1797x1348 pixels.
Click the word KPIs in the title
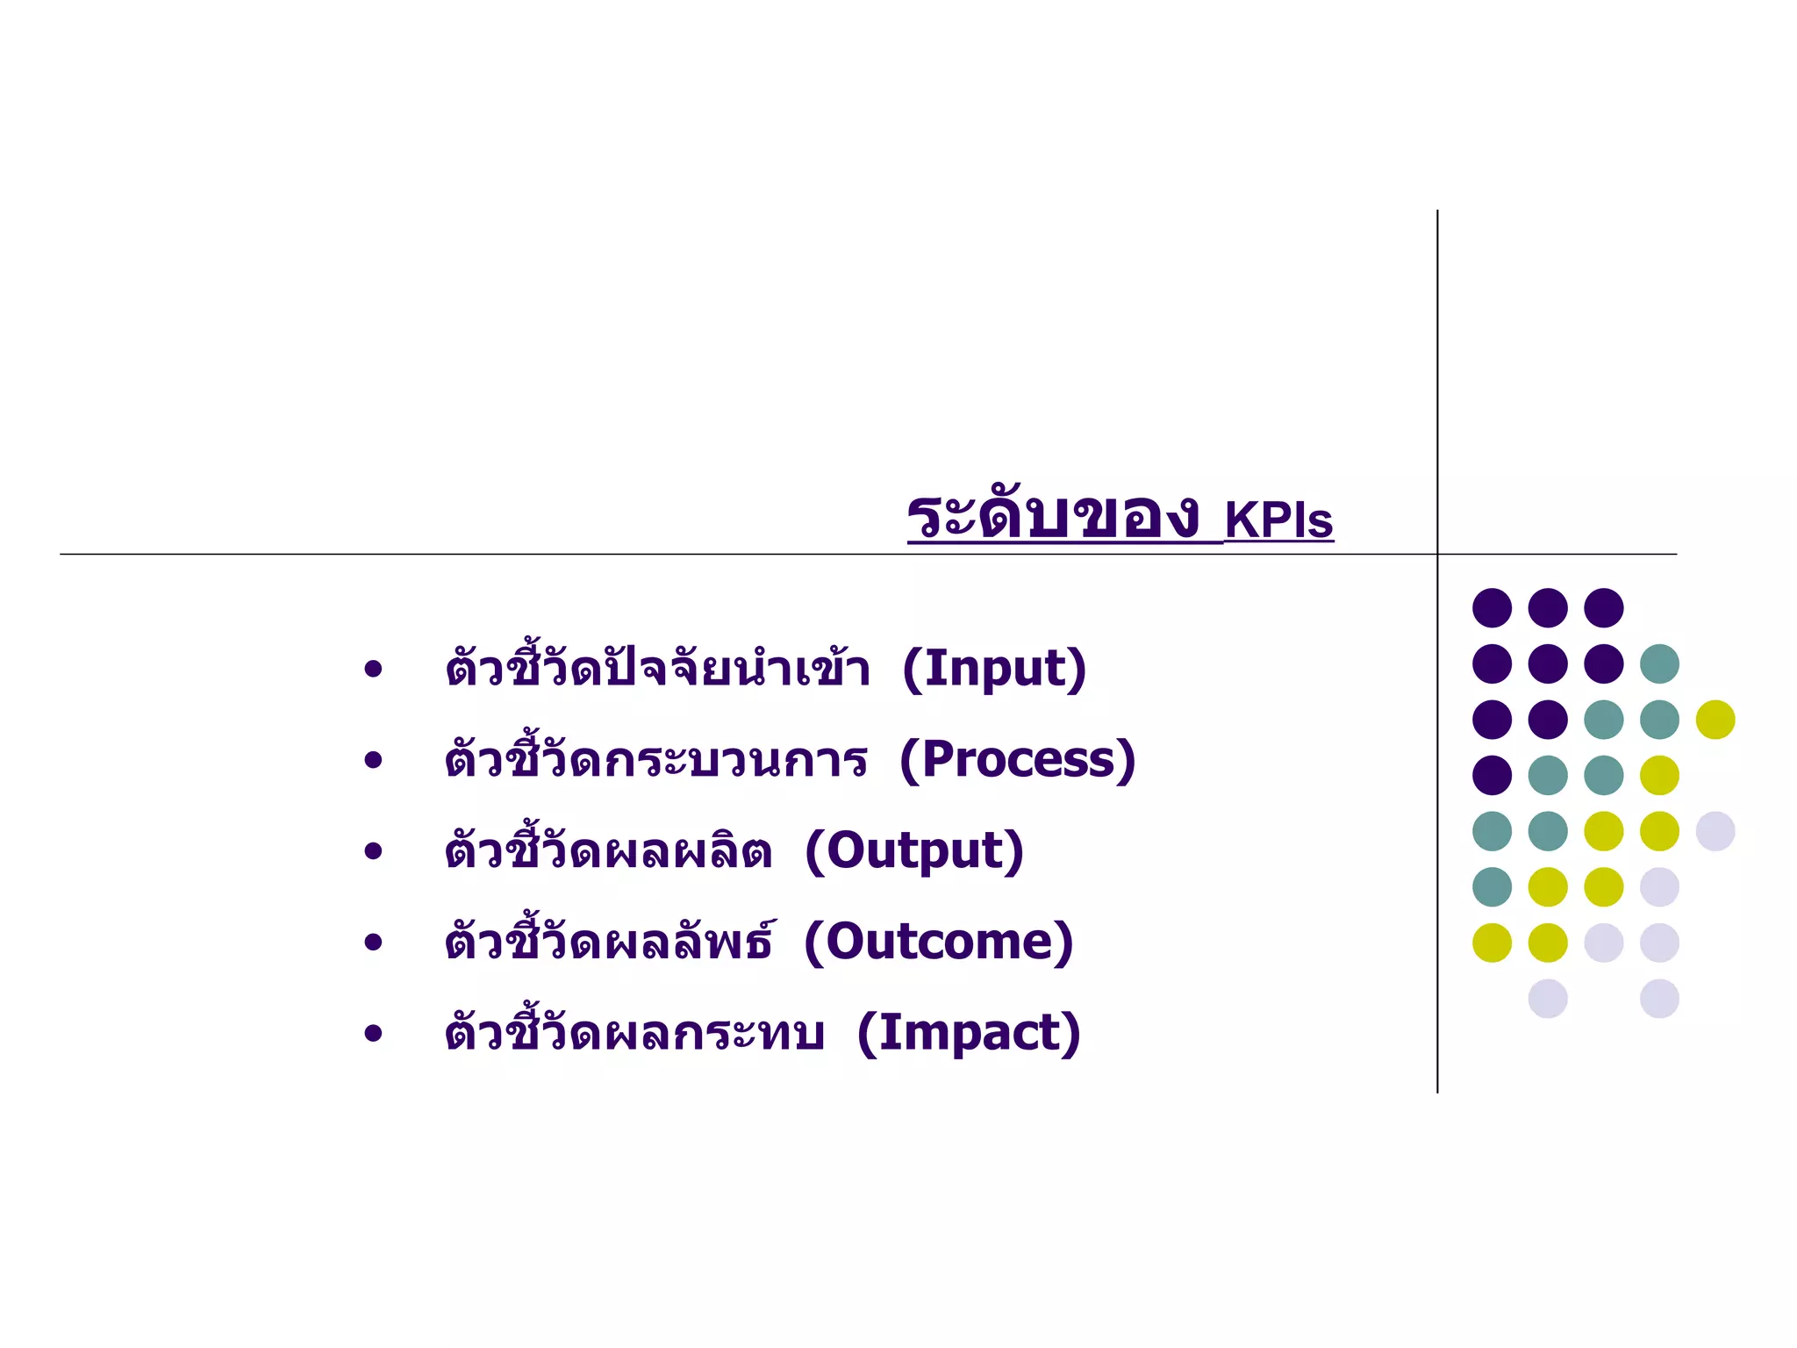click(x=1278, y=520)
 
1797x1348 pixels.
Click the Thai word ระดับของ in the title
click(x=1053, y=518)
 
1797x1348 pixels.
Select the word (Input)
click(x=994, y=670)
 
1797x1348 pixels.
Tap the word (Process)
click(x=1018, y=760)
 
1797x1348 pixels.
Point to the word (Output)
click(x=914, y=851)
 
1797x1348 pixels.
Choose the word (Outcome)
click(x=938, y=943)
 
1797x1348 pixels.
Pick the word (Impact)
click(x=969, y=1033)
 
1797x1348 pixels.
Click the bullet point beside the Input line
click(x=374, y=670)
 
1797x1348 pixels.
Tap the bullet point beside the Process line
click(x=374, y=760)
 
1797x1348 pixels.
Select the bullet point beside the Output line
click(x=374, y=851)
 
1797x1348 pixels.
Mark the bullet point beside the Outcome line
click(x=374, y=943)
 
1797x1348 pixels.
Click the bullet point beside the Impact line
click(x=374, y=1034)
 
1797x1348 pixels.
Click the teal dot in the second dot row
click(x=1659, y=663)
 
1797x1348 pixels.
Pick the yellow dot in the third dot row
click(x=1715, y=720)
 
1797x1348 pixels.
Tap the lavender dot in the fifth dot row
click(x=1715, y=831)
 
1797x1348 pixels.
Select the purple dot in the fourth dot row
click(x=1492, y=775)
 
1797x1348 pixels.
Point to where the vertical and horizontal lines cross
click(x=1437, y=554)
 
